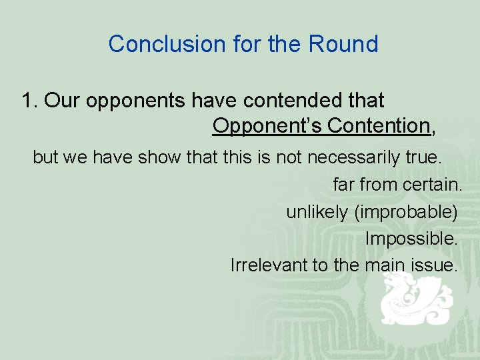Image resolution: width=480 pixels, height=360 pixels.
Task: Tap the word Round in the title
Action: [343, 44]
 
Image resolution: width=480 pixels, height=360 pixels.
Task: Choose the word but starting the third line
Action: [45, 157]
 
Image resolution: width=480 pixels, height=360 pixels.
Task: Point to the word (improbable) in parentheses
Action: [406, 212]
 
